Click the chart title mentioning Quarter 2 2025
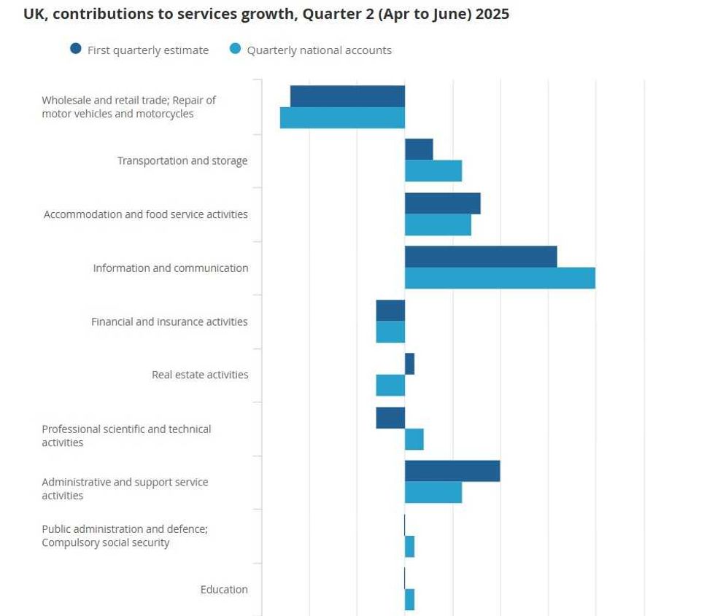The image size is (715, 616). [x=266, y=14]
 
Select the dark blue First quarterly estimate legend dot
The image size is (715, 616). [x=76, y=50]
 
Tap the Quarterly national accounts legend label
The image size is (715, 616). [x=319, y=50]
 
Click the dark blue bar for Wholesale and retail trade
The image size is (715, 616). [x=347, y=96]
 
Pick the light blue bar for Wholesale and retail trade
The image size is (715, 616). [x=342, y=117]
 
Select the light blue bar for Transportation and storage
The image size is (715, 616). [x=433, y=171]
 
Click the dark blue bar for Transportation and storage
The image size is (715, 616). [x=419, y=149]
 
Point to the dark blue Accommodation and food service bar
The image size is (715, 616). [x=442, y=203]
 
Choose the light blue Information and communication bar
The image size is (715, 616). [x=500, y=278]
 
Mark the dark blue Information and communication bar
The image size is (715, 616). [x=481, y=257]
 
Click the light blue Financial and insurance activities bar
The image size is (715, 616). [x=390, y=332]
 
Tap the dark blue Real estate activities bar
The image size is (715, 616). [x=409, y=364]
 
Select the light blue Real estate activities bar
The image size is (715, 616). [x=390, y=385]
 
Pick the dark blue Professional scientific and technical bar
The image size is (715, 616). [x=390, y=418]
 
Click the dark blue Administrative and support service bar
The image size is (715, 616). [x=452, y=471]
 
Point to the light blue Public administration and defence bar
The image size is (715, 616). [x=409, y=547]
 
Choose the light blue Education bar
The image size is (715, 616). [x=409, y=599]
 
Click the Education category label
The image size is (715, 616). [x=224, y=589]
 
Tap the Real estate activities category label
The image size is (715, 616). [x=200, y=375]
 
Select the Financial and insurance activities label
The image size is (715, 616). [x=169, y=321]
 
